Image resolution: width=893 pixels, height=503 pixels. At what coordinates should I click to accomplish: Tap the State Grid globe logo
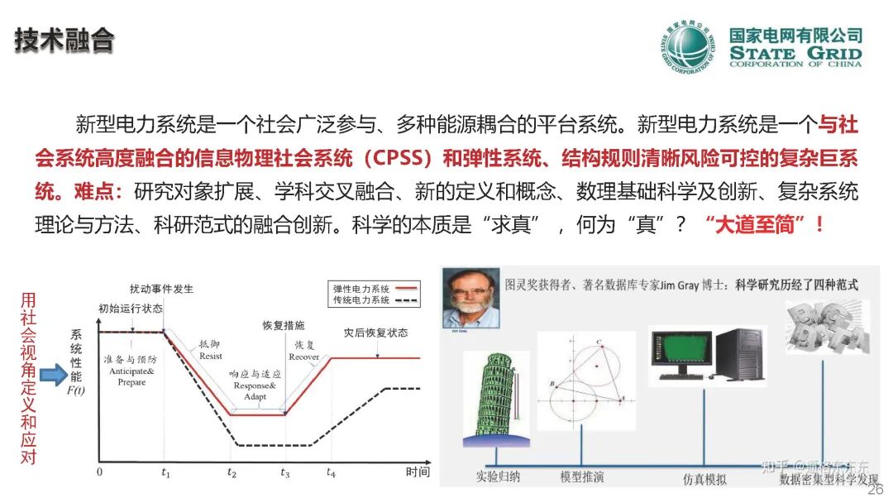click(688, 47)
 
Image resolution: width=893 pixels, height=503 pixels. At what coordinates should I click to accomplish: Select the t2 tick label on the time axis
click(232, 473)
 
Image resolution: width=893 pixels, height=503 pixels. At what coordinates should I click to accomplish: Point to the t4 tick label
click(332, 473)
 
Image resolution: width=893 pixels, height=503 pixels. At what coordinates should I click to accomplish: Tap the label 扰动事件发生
click(162, 289)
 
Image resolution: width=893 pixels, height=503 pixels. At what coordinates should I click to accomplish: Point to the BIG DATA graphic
click(828, 328)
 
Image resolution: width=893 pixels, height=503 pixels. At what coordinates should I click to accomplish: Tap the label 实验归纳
click(498, 477)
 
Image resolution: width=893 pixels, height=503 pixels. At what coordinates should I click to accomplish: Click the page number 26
click(876, 489)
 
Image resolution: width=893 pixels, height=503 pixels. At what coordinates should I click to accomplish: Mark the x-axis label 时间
click(418, 472)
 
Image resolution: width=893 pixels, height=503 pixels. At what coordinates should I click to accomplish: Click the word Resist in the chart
click(211, 356)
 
